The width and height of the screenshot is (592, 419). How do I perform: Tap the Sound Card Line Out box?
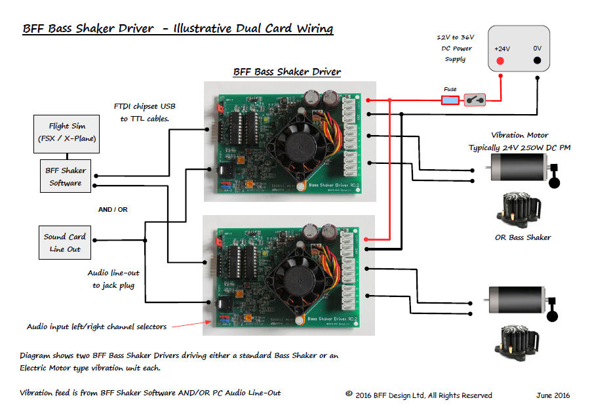click(65, 243)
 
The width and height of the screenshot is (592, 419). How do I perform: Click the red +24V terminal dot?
click(500, 61)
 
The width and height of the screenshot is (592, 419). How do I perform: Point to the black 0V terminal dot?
click(538, 61)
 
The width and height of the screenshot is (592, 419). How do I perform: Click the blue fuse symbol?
click(450, 100)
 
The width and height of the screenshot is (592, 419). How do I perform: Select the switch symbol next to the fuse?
click(475, 100)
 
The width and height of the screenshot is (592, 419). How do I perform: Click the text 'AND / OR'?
click(113, 210)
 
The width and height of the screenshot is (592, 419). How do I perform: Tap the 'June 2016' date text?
click(552, 395)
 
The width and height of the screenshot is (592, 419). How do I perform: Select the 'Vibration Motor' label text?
click(519, 135)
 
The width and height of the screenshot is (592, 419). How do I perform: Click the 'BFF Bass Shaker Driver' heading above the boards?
click(287, 71)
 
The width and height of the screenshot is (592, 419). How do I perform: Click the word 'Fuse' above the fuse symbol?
click(450, 89)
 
